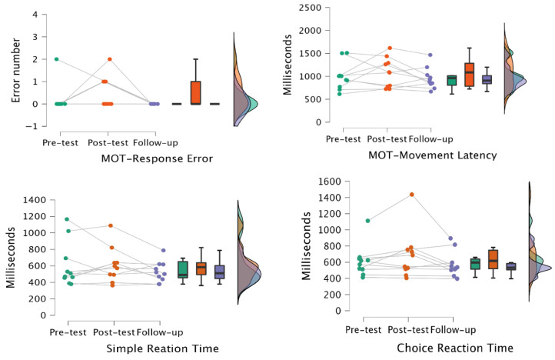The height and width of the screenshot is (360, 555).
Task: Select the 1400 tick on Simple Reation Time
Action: pyautogui.click(x=35, y=200)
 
